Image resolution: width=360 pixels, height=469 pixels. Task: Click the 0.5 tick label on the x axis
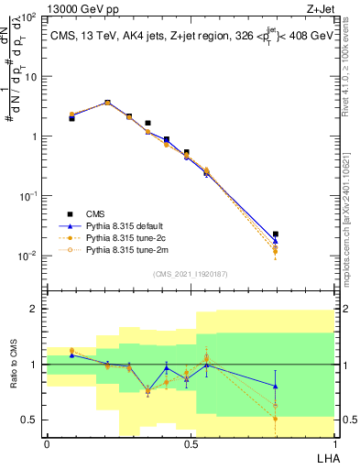coord(190,444)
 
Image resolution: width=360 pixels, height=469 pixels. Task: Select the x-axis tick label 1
coord(333,444)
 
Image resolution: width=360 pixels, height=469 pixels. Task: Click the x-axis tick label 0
coord(47,444)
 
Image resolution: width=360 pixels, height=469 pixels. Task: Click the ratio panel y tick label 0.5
coord(29,420)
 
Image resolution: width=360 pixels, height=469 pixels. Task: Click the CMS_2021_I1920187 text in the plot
coord(190,273)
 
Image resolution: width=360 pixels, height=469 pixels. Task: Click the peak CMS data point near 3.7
coord(107,103)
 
